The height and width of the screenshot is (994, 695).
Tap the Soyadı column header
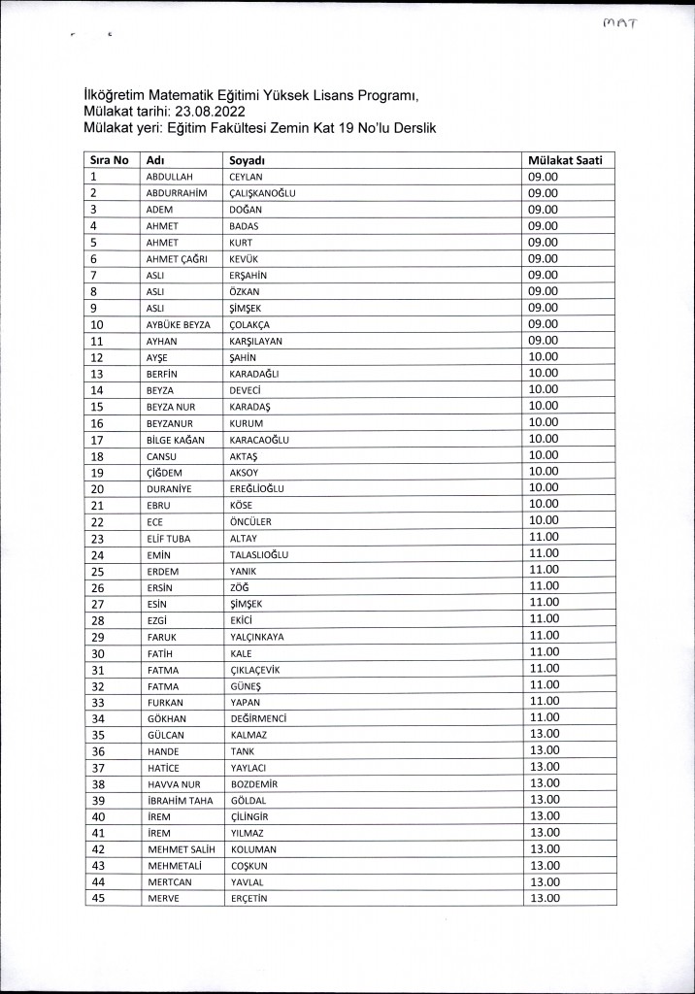point(248,160)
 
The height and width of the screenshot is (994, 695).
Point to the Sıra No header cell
point(109,160)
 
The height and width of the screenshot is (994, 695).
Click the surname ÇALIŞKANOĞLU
point(262,193)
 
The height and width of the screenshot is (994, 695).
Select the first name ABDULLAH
point(171,177)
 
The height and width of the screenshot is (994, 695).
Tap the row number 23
point(97,538)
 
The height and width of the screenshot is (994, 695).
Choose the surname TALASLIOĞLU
point(259,554)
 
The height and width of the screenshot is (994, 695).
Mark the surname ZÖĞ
point(239,587)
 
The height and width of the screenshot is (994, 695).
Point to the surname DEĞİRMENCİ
point(258,718)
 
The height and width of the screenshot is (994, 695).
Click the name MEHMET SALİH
point(181,849)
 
